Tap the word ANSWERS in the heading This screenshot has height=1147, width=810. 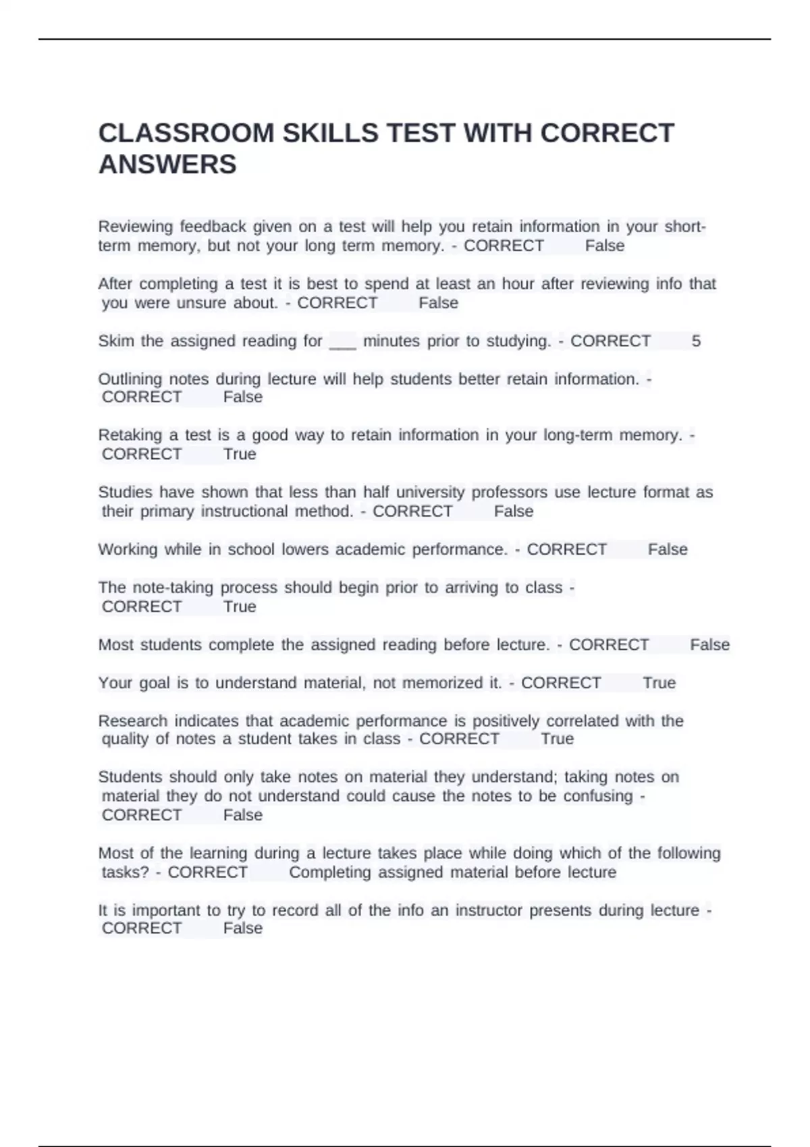(167, 165)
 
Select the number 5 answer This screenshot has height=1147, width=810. (696, 341)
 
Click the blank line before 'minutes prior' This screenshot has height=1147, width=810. (342, 343)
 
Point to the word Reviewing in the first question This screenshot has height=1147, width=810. (135, 227)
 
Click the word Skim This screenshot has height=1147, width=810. (116, 341)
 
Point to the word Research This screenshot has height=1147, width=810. (132, 721)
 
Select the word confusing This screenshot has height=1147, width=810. (598, 796)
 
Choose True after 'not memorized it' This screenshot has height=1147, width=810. (659, 683)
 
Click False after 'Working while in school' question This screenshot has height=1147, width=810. (668, 550)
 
